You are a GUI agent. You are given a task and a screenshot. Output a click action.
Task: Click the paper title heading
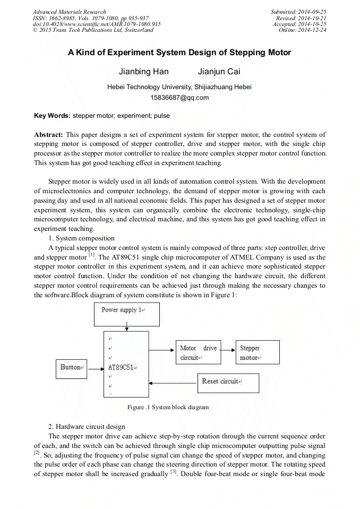tap(179, 53)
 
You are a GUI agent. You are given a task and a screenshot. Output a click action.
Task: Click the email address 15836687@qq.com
tap(179, 98)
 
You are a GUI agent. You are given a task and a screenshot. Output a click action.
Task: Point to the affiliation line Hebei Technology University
tap(179, 87)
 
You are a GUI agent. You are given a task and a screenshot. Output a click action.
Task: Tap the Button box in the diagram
tap(72, 367)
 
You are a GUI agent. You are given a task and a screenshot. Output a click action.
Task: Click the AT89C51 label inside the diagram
tap(122, 367)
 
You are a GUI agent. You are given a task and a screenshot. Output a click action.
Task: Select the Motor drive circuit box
tap(198, 353)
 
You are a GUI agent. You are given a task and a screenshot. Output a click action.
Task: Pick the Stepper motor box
tap(257, 353)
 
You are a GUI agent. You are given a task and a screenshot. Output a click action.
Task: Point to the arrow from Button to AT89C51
tap(96, 367)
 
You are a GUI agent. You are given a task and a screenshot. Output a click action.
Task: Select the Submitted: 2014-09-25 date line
tap(299, 12)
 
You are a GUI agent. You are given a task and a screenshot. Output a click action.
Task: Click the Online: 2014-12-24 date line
tap(302, 30)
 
